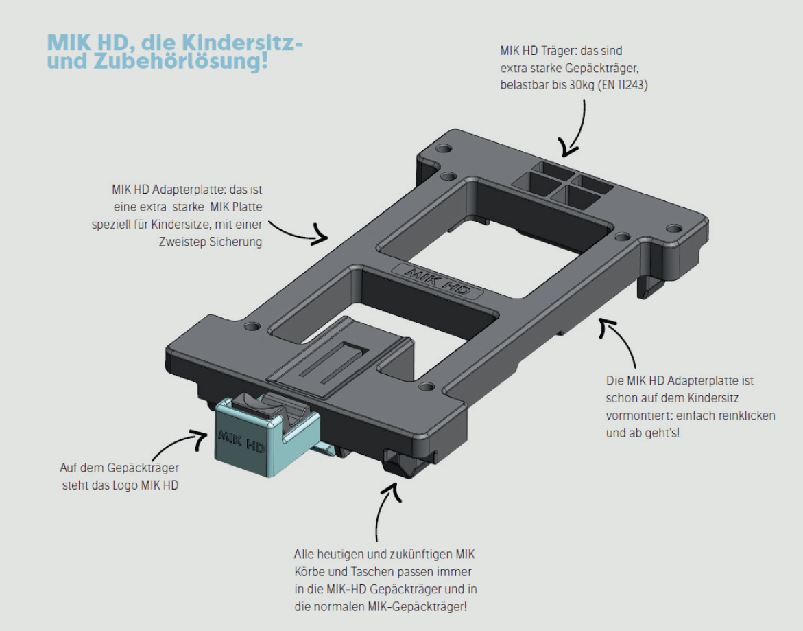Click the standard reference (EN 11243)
[623, 87]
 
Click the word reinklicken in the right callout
[744, 416]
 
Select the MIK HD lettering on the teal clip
[239, 441]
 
